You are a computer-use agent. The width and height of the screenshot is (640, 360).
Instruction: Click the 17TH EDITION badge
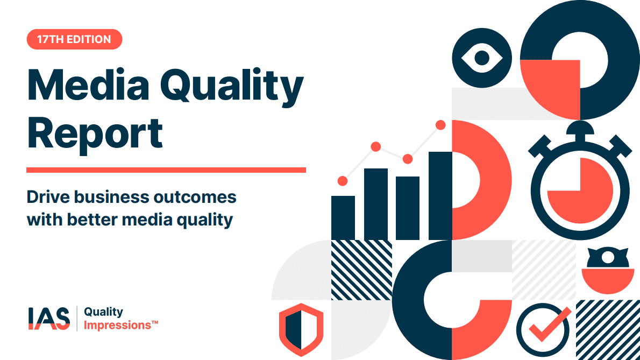74,39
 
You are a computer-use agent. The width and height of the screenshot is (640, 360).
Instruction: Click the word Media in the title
88,86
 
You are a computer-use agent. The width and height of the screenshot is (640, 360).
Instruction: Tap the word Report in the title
95,133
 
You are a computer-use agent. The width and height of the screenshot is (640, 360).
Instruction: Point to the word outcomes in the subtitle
195,197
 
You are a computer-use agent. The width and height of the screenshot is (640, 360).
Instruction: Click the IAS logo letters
49,319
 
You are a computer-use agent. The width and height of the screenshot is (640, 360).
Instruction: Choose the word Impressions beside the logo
118,326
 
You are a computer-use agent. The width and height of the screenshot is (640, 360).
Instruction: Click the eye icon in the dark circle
482,58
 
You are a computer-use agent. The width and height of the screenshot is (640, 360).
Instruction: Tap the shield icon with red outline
301,330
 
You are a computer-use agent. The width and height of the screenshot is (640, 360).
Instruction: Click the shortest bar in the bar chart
343,218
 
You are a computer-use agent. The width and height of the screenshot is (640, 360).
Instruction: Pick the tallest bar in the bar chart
440,196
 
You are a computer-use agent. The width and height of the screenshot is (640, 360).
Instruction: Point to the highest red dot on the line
440,125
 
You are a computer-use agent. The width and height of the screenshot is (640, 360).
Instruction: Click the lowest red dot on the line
343,181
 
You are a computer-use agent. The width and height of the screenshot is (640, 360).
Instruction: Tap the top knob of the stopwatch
580,127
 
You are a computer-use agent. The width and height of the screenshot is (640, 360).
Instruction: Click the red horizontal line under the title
166,170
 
